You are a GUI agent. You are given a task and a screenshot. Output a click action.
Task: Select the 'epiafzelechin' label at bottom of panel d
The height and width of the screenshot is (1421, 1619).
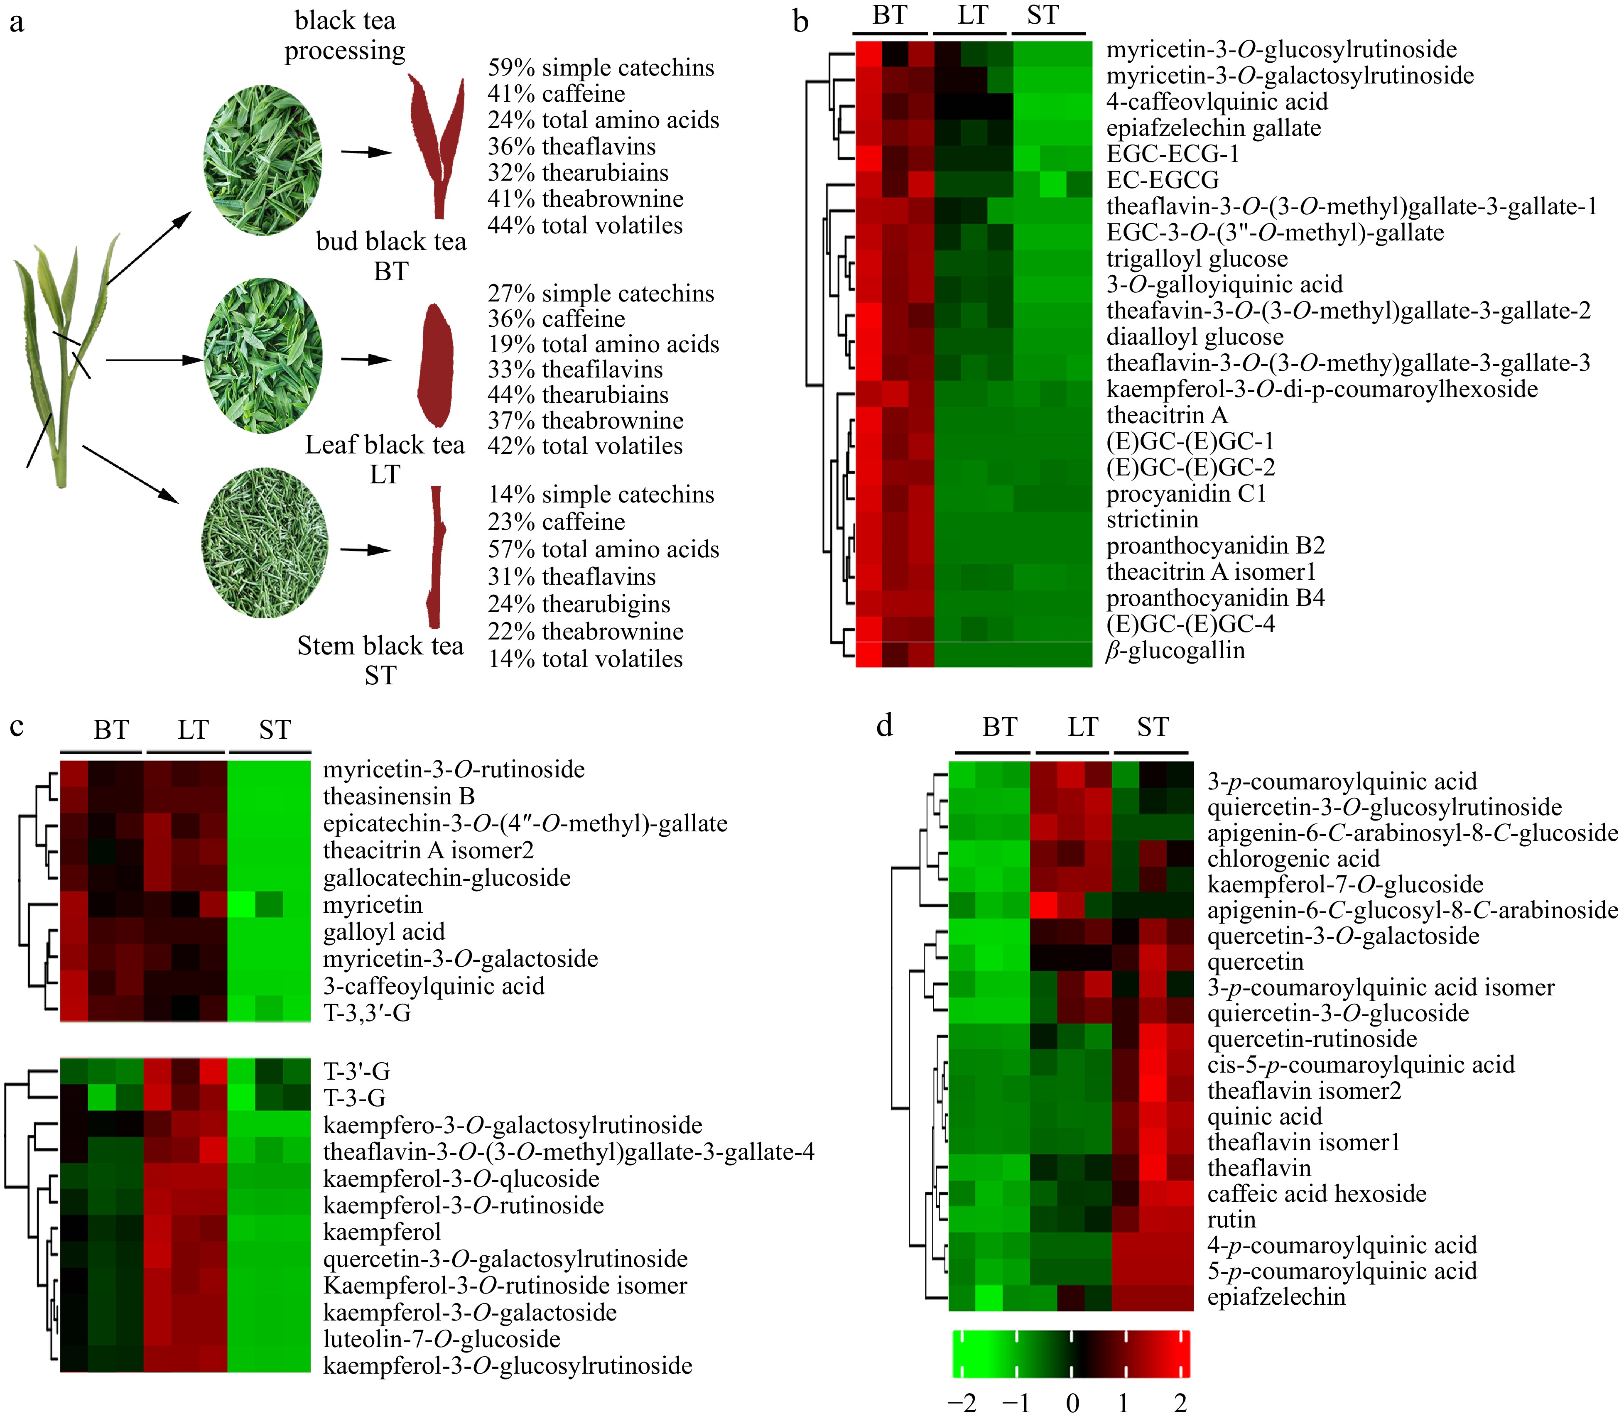1276,1297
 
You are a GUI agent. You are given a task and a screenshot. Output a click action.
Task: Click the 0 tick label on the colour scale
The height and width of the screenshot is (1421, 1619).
1072,1404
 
